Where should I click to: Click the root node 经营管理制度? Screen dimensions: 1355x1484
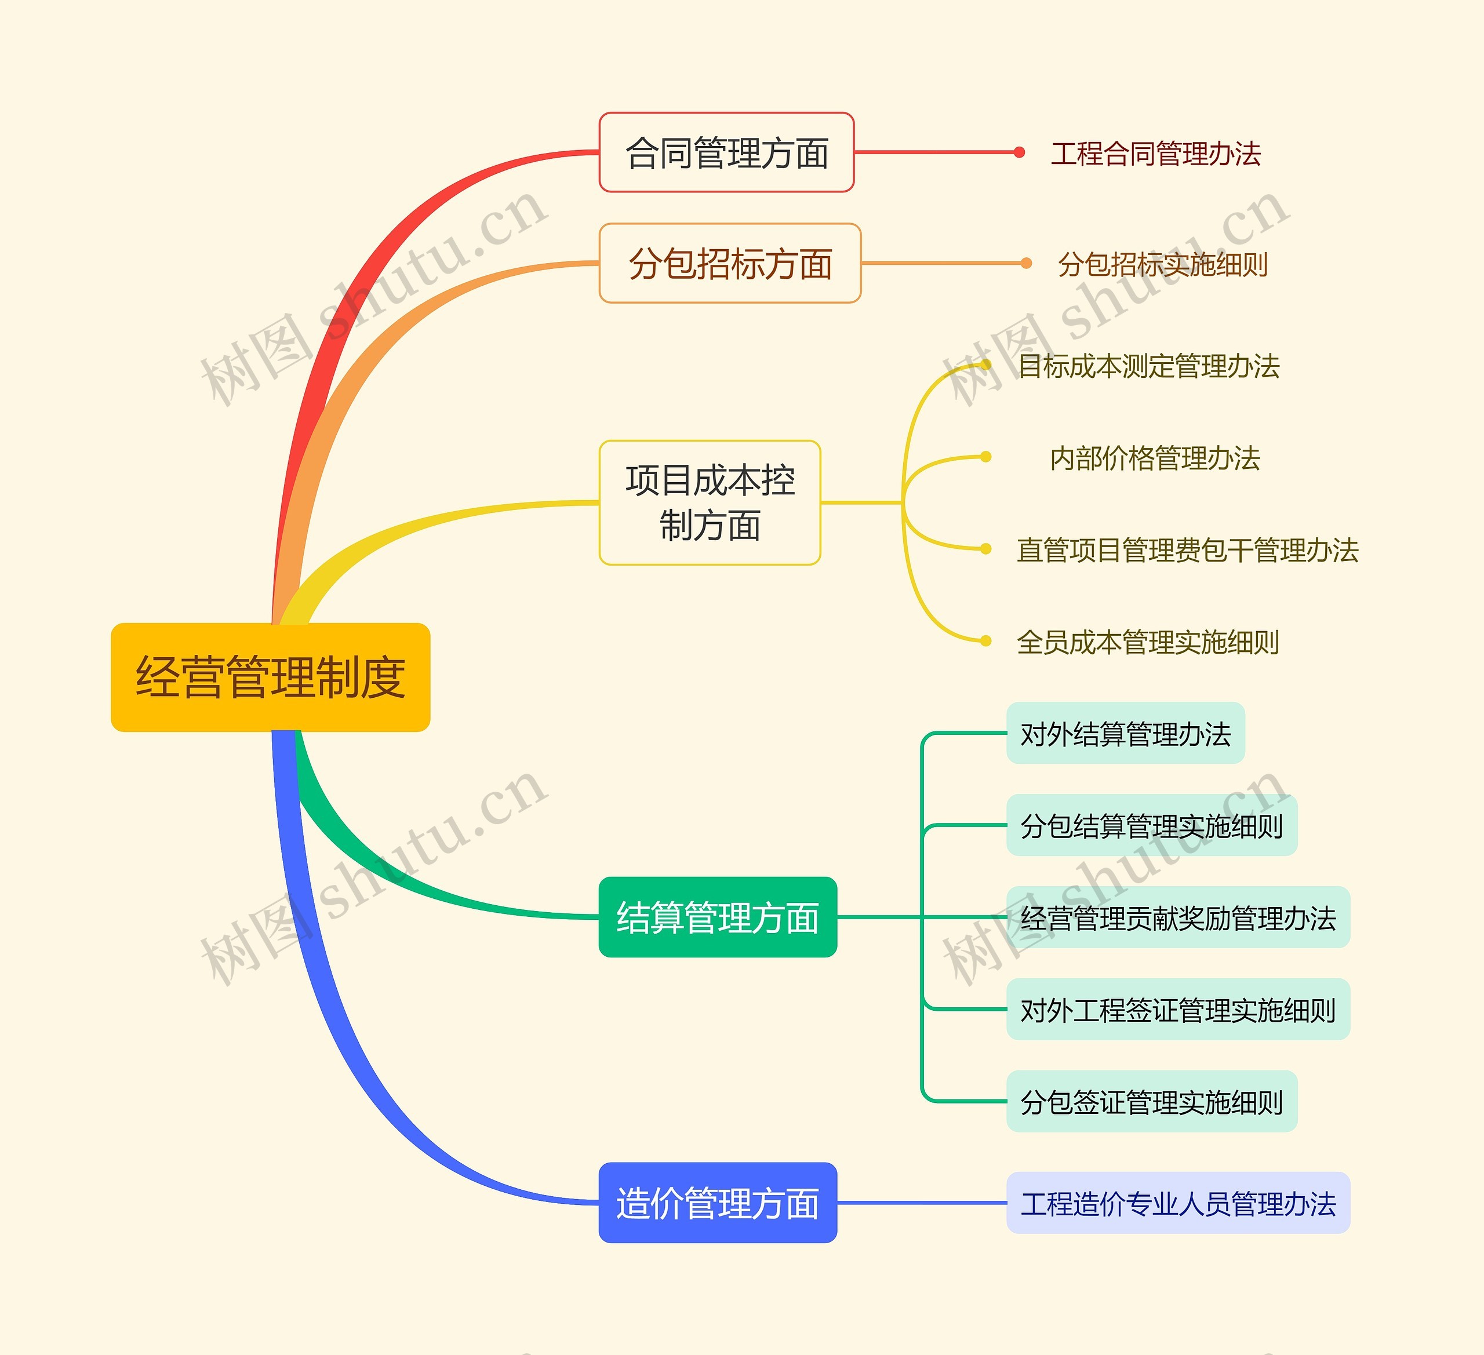(x=270, y=677)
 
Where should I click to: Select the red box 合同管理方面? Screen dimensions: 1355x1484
(x=726, y=153)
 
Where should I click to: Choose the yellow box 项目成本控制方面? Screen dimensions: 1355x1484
(x=710, y=502)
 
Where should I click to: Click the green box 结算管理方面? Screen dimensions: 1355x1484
(x=718, y=917)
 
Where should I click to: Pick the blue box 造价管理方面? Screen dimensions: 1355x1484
(x=718, y=1203)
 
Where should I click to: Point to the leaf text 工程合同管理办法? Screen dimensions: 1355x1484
(x=1156, y=154)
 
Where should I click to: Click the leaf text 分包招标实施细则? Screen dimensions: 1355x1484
(x=1162, y=264)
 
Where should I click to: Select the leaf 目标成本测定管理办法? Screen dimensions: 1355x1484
(x=1148, y=366)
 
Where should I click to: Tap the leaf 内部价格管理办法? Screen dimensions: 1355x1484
(x=1154, y=458)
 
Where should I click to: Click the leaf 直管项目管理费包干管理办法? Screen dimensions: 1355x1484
(x=1187, y=550)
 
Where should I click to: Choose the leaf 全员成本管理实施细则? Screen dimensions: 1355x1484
(x=1148, y=642)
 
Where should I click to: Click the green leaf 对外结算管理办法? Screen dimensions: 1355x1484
(x=1126, y=734)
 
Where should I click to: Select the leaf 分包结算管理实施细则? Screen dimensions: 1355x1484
(x=1151, y=826)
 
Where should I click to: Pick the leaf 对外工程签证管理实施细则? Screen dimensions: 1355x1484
(x=1178, y=1010)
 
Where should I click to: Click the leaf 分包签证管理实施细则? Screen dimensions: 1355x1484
(x=1151, y=1102)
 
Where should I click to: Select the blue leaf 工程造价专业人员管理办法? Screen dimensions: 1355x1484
(x=1178, y=1203)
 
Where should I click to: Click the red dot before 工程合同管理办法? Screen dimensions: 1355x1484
(x=1019, y=152)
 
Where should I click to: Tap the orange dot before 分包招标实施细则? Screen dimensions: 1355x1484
(x=1026, y=263)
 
